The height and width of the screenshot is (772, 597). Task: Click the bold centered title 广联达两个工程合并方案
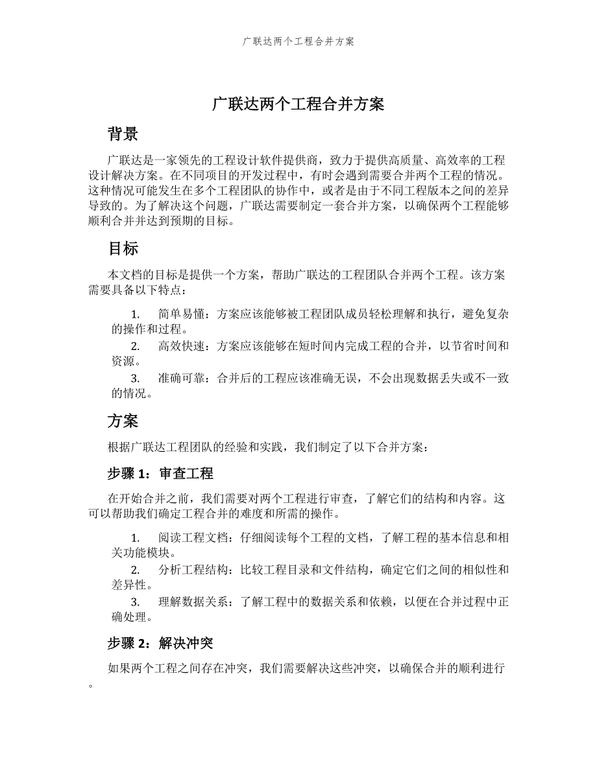[x=298, y=104]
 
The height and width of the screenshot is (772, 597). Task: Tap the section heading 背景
[x=123, y=134]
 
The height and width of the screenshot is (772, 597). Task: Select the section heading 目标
[x=123, y=249]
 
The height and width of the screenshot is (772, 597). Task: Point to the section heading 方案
[x=123, y=421]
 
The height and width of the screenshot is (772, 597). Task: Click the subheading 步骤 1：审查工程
[x=160, y=474]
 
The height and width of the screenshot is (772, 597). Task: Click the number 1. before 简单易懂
[x=136, y=314]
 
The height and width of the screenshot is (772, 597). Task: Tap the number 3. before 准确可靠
[x=136, y=379]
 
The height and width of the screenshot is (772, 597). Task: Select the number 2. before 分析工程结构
[x=136, y=570]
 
